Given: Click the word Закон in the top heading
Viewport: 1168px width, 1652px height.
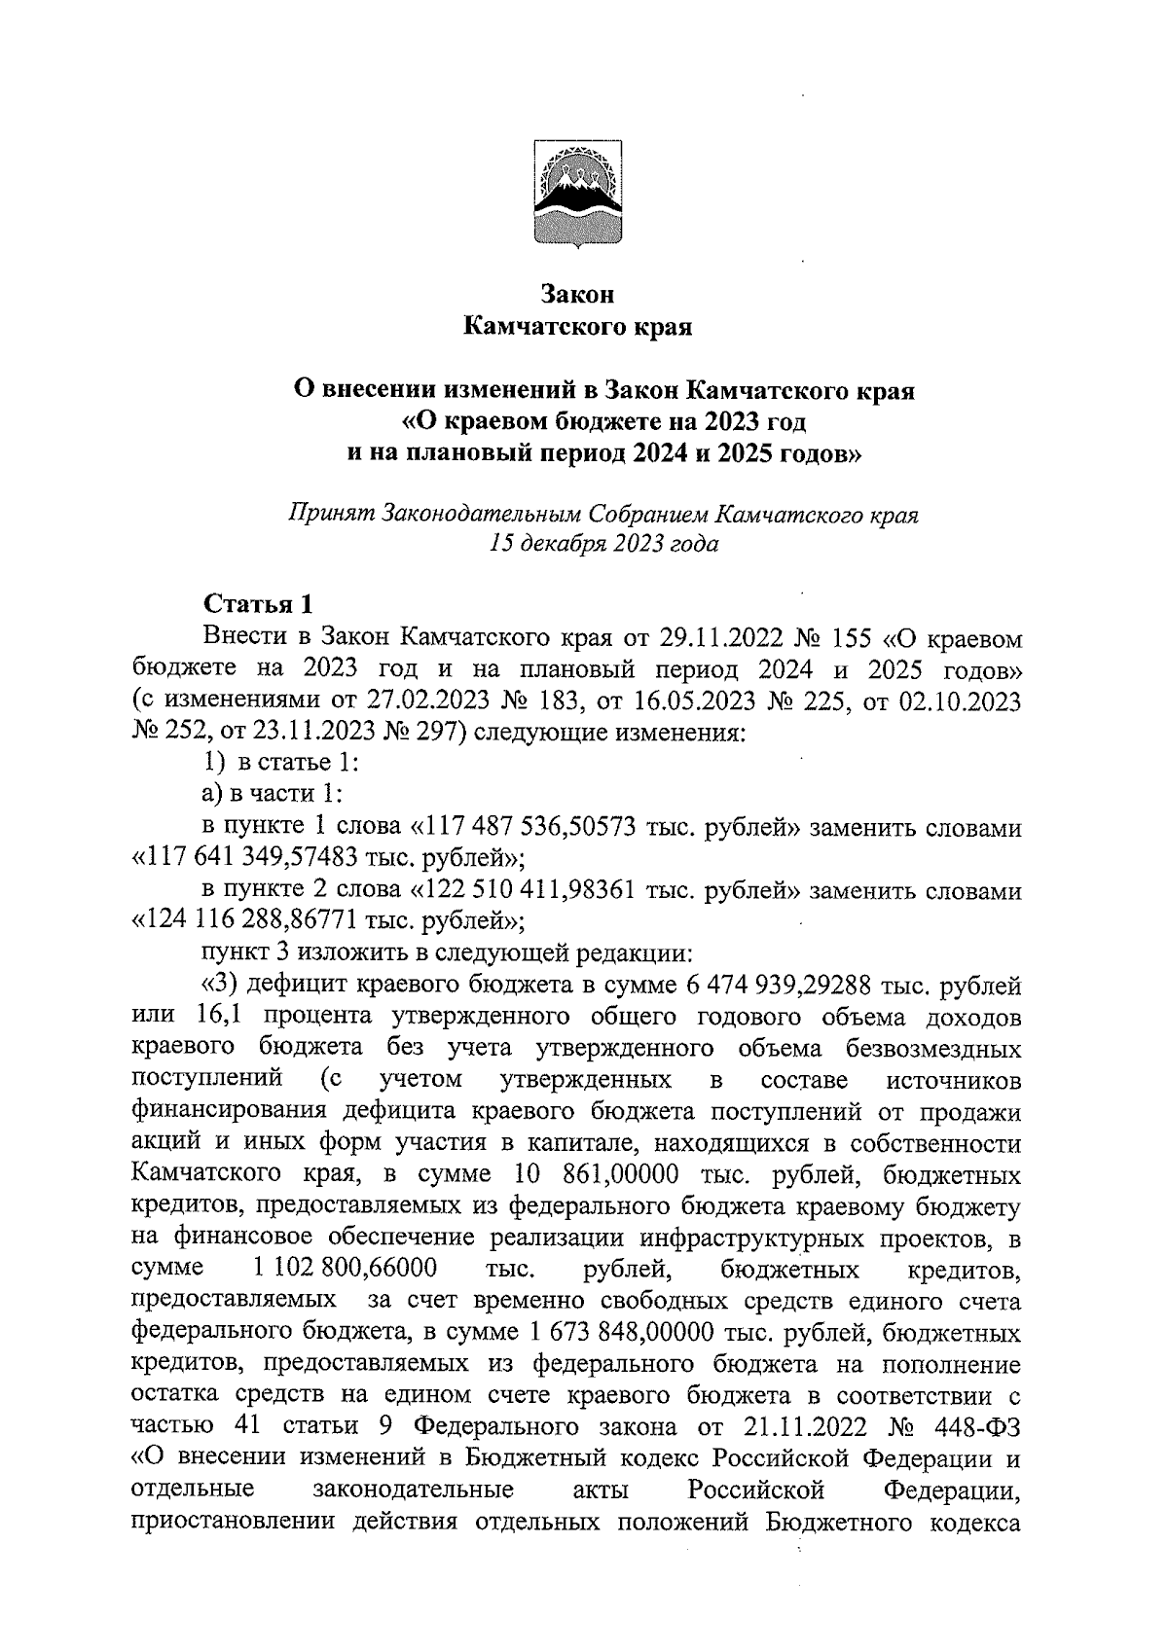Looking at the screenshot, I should [x=579, y=293].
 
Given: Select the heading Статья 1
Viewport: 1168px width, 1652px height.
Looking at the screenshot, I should [x=258, y=604].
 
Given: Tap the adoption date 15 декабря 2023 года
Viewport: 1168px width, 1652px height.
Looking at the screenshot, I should [x=604, y=545].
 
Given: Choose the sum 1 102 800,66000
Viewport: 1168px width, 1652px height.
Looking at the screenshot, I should [x=344, y=1270].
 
